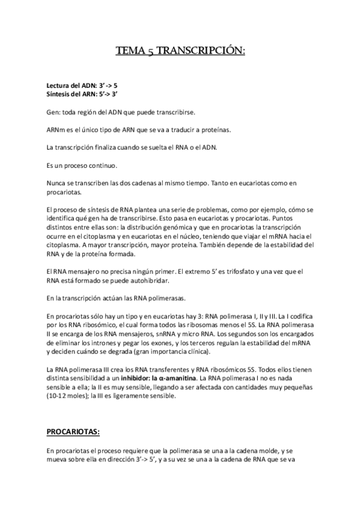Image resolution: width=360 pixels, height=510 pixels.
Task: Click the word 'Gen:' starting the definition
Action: point(53,112)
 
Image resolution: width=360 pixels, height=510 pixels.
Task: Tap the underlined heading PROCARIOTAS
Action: point(73,431)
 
